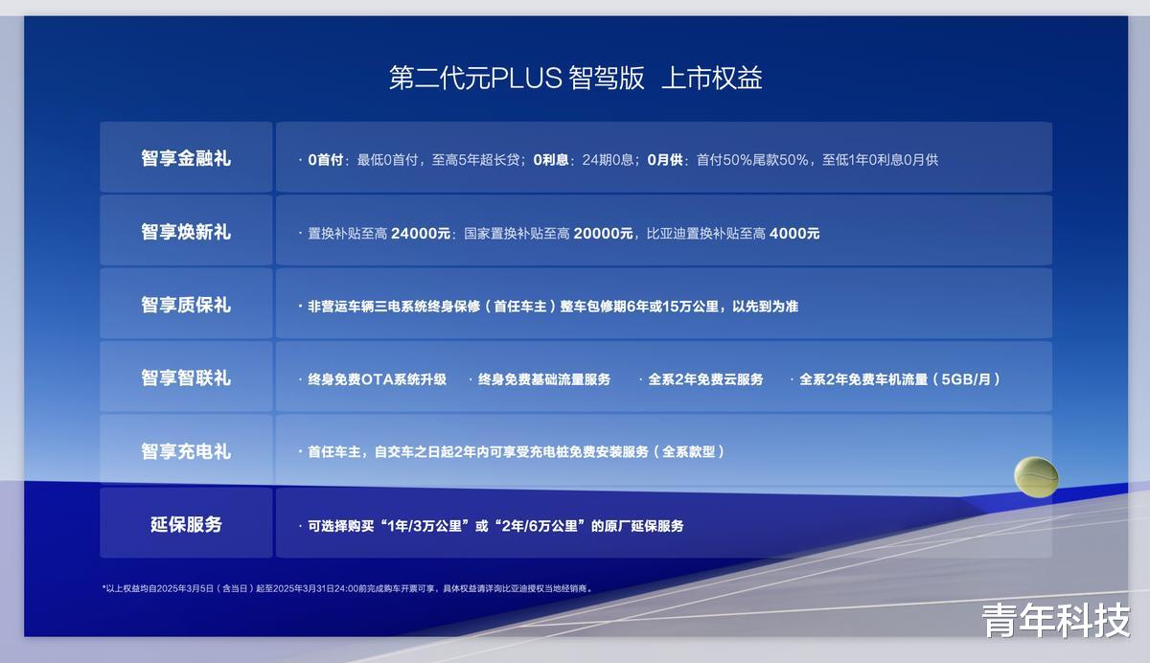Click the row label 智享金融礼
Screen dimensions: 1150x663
186,158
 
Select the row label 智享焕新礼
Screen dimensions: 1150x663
186,232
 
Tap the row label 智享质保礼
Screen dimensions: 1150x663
186,305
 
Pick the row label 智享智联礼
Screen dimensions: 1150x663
186,378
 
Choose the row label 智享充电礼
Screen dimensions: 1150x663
186,451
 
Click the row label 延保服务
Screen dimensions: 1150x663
186,524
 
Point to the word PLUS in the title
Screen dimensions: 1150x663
526,78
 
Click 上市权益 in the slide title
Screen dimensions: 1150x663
711,78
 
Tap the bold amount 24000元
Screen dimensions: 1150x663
421,234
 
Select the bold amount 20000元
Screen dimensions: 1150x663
603,234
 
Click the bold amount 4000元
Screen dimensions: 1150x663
794,234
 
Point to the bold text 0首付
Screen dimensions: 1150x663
326,160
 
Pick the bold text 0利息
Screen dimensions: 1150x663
551,160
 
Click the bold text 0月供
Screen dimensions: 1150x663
665,160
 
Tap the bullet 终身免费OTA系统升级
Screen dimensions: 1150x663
377,379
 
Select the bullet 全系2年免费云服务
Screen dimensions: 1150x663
705,379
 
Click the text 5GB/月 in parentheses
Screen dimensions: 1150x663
966,379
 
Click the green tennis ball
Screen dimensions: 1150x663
1036,477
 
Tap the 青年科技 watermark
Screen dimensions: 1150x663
1055,621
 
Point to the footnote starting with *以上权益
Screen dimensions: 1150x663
348,588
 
